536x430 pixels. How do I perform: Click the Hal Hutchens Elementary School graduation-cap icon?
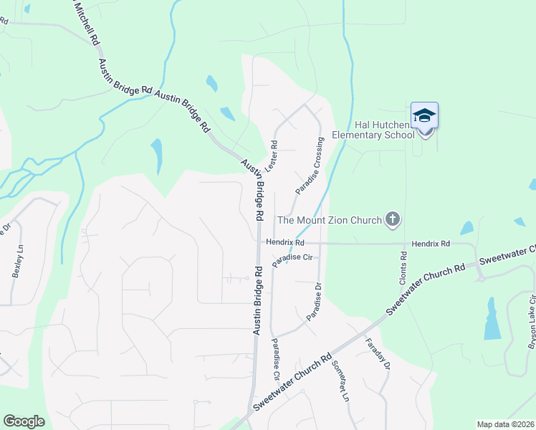[424, 115]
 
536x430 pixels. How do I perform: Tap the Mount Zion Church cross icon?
[392, 219]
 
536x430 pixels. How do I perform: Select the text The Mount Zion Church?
[329, 220]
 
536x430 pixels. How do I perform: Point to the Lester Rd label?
[272, 155]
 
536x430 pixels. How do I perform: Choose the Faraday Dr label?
[378, 354]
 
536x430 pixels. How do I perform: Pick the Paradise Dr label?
[315, 301]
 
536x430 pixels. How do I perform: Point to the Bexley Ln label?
[16, 263]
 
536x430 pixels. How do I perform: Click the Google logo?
[24, 421]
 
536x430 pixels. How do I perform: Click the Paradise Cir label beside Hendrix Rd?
[294, 257]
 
